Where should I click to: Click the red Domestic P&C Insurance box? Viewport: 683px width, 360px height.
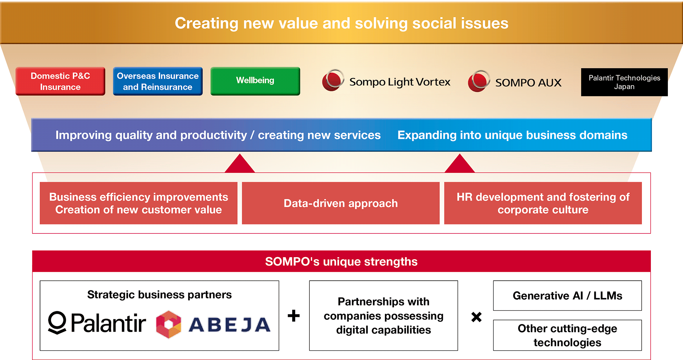point(60,81)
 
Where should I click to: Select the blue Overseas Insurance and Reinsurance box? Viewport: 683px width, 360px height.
point(158,81)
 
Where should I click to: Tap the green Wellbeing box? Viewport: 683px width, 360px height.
point(255,81)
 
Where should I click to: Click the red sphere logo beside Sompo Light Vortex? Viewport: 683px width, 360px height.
point(333,80)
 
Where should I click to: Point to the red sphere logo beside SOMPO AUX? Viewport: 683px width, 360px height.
point(479,81)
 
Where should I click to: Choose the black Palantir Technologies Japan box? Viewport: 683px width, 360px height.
point(624,82)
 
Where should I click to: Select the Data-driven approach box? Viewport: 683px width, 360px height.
point(341,203)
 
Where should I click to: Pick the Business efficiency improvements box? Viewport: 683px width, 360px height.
point(139,203)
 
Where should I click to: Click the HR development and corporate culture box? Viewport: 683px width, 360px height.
point(543,203)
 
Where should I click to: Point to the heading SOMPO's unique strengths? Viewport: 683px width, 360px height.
point(341,262)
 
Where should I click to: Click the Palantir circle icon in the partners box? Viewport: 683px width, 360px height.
point(57,323)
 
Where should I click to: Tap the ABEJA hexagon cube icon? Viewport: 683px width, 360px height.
point(169,324)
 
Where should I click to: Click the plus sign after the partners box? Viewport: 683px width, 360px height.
point(294,316)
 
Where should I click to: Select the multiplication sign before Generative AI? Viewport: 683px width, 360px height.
point(476,317)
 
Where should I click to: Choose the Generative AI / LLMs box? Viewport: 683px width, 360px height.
point(567,296)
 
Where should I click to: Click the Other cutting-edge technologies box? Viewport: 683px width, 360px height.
point(567,335)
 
